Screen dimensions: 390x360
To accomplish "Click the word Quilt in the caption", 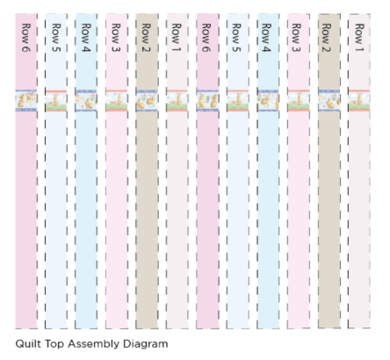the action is click(x=28, y=343).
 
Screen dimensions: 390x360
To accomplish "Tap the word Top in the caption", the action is click(x=54, y=344).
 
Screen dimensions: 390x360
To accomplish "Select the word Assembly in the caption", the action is click(x=93, y=344).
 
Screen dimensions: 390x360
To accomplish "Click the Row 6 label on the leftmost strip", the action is click(x=26, y=38).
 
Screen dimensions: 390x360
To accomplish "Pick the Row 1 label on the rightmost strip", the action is click(x=359, y=38).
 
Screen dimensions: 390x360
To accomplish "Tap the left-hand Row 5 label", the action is click(x=56, y=38).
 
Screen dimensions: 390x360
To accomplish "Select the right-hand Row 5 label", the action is click(x=236, y=38).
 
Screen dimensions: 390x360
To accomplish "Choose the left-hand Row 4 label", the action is click(x=86, y=38).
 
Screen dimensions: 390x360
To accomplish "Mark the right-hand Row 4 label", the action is click(x=266, y=38).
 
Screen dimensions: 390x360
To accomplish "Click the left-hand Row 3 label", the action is click(x=116, y=38).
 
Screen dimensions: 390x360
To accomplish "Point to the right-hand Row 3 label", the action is click(x=296, y=38).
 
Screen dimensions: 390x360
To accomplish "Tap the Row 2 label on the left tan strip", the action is click(x=146, y=38).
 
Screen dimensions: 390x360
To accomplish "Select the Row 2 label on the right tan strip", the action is click(x=327, y=38).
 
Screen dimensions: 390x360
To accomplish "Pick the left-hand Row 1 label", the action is click(x=177, y=38).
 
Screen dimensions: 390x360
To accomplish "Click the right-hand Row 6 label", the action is click(x=206, y=38).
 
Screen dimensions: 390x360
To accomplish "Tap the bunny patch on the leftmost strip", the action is click(x=26, y=101).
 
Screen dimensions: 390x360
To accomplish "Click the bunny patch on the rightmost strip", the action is click(x=359, y=101).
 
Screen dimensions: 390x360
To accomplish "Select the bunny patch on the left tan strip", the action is click(x=147, y=101).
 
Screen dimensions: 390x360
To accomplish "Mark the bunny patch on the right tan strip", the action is click(x=329, y=101).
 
